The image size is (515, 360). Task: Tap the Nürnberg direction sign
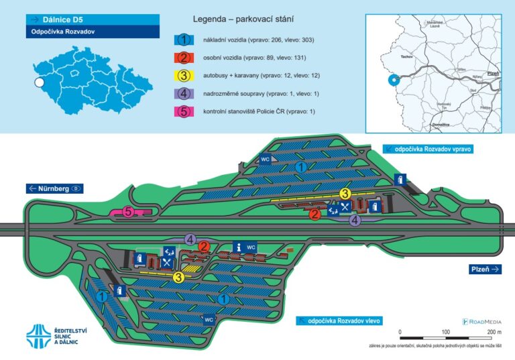click(x=54, y=188)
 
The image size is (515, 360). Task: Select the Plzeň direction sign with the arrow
click(x=485, y=269)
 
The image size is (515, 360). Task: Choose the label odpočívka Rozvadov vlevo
click(x=341, y=321)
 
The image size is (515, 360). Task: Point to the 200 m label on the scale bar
click(x=494, y=333)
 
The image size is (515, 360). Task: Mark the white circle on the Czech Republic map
click(x=39, y=82)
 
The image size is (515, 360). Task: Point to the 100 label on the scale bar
click(x=446, y=333)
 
